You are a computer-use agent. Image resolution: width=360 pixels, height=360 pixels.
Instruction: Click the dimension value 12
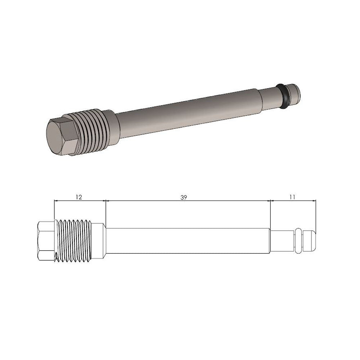click(79, 197)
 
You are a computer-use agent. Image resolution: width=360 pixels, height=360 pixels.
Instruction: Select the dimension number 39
click(184, 197)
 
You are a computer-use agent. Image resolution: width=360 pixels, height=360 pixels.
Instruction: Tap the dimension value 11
click(292, 197)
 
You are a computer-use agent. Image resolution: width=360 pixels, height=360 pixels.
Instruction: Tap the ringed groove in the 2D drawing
click(298, 239)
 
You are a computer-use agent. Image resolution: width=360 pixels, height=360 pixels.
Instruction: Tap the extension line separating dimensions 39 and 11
click(270, 214)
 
